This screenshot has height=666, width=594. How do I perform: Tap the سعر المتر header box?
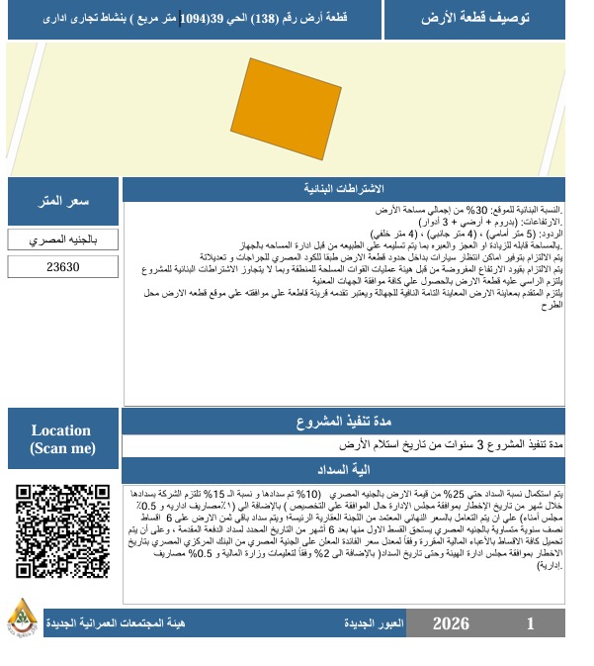point(63,202)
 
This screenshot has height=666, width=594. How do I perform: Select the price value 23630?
point(63,267)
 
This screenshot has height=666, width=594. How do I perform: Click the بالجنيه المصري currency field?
point(63,240)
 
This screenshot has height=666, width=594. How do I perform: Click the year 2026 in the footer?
point(451,624)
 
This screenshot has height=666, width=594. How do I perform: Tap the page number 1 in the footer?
point(531,624)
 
